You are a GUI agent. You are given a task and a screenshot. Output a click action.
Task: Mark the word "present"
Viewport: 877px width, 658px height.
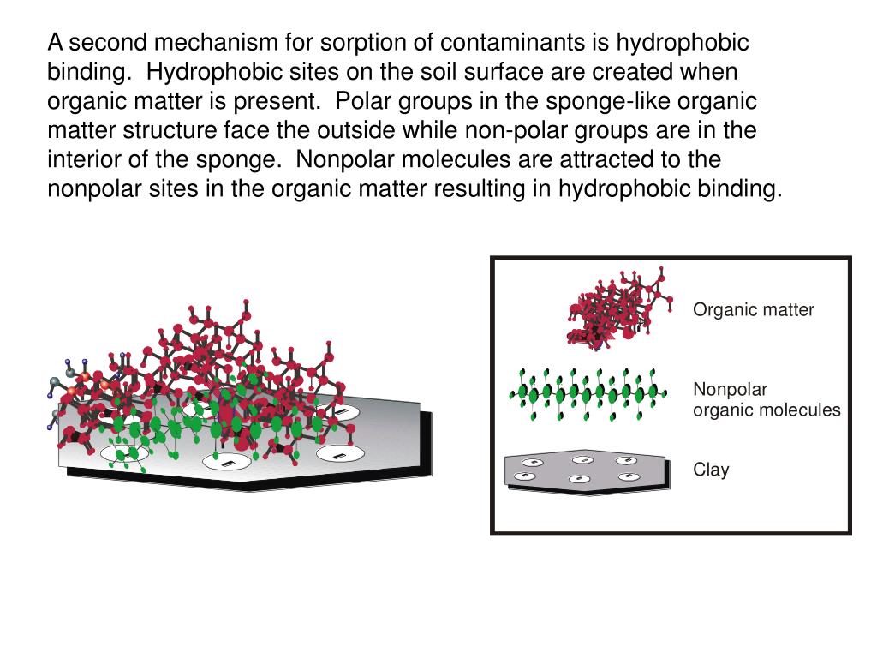coord(276,102)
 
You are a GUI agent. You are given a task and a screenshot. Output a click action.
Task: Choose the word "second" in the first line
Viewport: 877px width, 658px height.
coord(103,43)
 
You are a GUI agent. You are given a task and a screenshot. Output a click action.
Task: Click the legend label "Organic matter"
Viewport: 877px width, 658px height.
coord(753,310)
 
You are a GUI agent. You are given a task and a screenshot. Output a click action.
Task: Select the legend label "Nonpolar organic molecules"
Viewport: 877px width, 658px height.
coord(767,400)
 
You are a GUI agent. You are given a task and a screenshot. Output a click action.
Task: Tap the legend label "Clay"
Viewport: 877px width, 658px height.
coord(711,470)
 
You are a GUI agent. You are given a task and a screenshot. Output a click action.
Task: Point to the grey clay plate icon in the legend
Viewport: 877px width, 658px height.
coord(588,470)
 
